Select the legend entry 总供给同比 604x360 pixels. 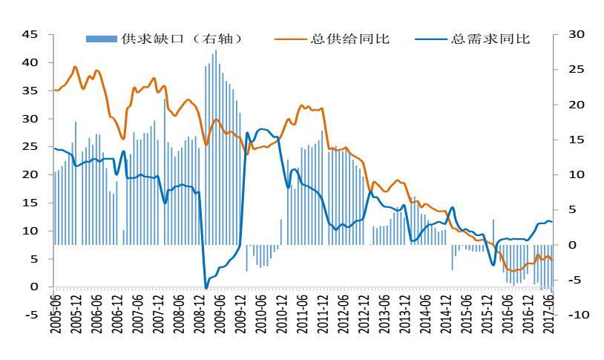349,39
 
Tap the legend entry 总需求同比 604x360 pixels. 490,39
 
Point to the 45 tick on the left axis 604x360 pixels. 30,34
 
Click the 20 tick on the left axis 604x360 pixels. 30,174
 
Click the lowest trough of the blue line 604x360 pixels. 206,288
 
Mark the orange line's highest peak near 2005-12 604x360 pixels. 75,67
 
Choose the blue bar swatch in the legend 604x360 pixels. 102,39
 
